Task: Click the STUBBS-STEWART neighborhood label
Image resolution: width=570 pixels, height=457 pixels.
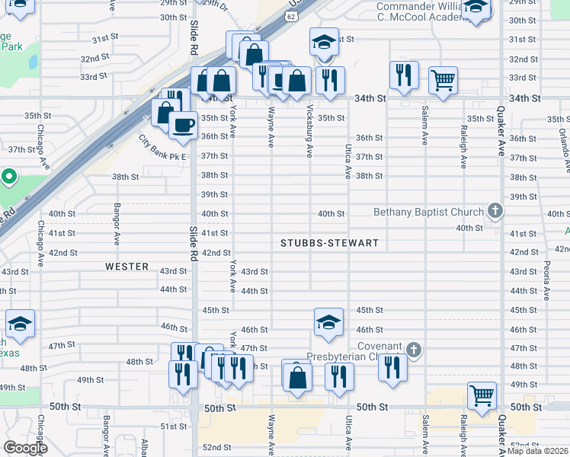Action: [328, 244]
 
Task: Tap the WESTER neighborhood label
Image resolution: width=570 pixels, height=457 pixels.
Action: [126, 267]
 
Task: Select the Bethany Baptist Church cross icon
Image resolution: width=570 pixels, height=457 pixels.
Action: [495, 211]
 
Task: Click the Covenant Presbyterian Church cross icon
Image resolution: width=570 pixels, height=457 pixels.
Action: [414, 350]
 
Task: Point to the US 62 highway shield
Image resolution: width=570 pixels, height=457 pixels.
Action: [292, 14]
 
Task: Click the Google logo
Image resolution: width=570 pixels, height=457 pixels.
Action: [25, 448]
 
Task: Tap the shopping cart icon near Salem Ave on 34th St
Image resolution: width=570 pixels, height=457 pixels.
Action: [443, 78]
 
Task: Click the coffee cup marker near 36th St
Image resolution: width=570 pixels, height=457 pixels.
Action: [182, 124]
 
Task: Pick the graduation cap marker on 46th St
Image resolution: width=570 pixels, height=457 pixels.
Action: [328, 322]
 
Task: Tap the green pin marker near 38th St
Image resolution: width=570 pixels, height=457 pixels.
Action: [8, 177]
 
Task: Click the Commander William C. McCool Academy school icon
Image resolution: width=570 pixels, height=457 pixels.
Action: [476, 7]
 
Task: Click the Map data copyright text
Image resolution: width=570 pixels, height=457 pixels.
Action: [538, 451]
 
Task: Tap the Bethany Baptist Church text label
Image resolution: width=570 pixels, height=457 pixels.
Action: [428, 212]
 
